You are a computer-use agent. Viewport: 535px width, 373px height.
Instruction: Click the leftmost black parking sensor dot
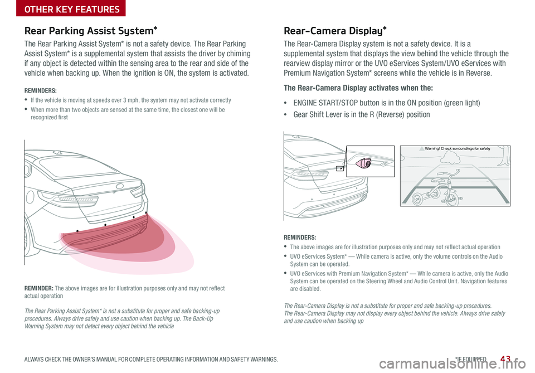click(77, 230)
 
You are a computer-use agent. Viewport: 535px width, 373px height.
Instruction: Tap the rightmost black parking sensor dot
click(146, 213)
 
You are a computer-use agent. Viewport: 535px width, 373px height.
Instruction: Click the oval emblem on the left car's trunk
click(120, 186)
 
